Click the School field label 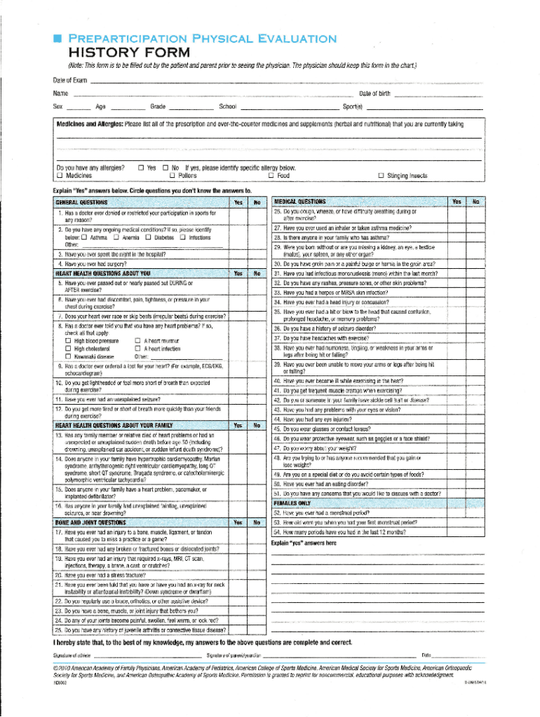pos(227,106)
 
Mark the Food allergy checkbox pos(271,176)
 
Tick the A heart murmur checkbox pos(137,340)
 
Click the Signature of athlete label pos(73,655)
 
